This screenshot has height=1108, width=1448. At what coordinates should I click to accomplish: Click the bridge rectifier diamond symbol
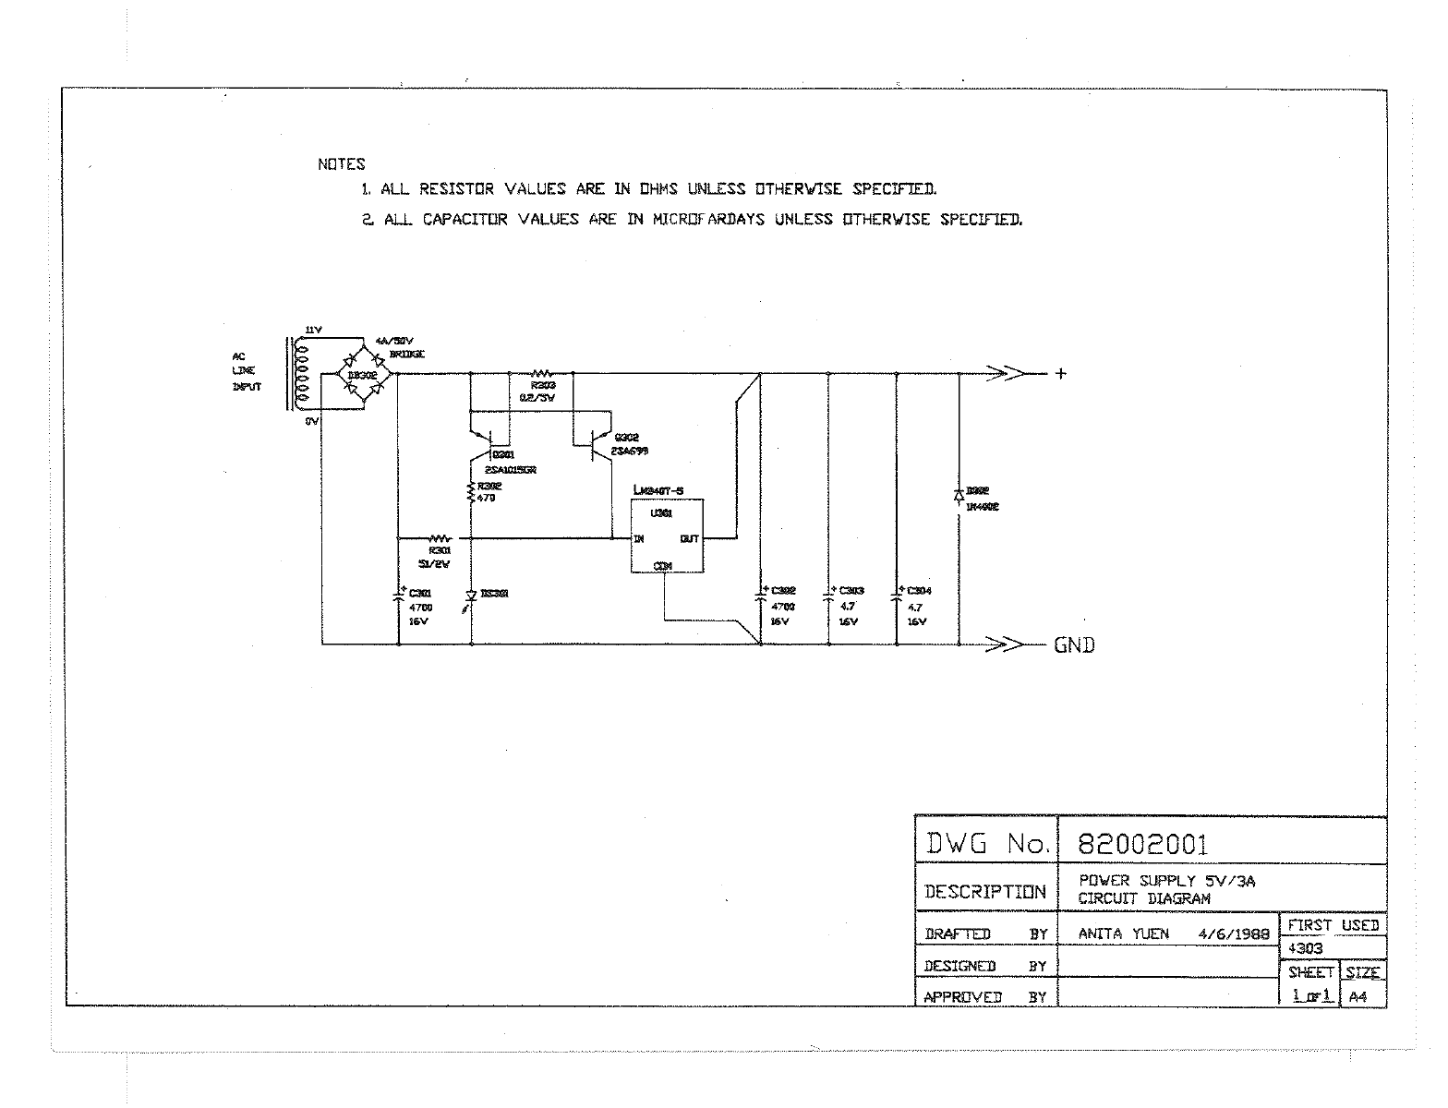[361, 374]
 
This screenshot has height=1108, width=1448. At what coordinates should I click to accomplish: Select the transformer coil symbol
[297, 374]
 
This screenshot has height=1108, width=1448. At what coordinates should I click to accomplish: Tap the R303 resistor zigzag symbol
[542, 373]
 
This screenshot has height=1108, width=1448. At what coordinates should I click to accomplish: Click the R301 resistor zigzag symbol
[440, 536]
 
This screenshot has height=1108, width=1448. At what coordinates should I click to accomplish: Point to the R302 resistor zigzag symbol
[472, 494]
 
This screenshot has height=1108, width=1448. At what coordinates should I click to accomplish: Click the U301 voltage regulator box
[667, 536]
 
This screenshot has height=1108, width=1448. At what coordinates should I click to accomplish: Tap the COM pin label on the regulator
[663, 565]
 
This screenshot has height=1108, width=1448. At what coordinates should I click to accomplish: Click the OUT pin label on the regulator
[689, 538]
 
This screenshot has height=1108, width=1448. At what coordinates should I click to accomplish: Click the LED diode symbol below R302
[472, 596]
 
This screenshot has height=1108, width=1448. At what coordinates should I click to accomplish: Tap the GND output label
[1074, 645]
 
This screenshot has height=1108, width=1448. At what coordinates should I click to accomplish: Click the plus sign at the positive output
[1061, 374]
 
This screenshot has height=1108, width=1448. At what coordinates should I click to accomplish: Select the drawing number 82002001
[1142, 844]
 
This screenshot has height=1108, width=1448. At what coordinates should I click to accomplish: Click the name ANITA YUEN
[1123, 933]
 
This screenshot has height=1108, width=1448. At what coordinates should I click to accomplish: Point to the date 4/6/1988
[1234, 933]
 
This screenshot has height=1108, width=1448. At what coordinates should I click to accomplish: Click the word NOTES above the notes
[342, 164]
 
